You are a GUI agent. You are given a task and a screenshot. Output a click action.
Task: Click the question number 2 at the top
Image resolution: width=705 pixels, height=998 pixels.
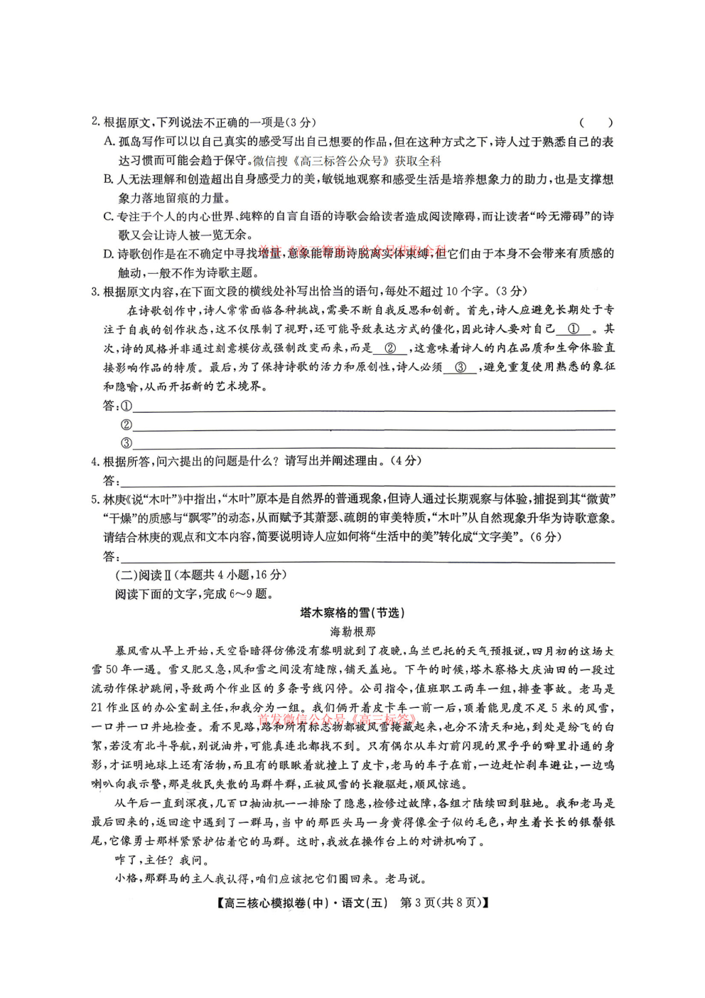point(95,122)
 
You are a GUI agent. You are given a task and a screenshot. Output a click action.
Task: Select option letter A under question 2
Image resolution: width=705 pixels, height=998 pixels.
point(109,142)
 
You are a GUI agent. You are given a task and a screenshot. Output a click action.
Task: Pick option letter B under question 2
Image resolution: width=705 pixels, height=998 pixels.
point(109,179)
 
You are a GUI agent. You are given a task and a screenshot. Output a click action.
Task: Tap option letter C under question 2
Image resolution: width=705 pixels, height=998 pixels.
point(109,216)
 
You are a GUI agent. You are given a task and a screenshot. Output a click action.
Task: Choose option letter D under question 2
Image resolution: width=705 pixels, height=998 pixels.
point(109,254)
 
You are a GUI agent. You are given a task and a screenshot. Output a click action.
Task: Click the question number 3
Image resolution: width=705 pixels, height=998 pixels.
point(95,291)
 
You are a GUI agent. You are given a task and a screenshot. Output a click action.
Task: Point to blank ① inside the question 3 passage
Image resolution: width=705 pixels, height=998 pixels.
point(574,329)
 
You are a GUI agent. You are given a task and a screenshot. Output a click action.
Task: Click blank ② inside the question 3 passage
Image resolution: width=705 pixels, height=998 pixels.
point(389,349)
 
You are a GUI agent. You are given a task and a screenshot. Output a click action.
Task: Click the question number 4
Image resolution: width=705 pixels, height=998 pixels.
point(95,461)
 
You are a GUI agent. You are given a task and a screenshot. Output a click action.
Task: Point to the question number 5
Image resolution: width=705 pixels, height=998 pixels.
point(95,499)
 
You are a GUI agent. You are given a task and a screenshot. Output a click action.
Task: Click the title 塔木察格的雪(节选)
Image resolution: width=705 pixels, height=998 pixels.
point(352,612)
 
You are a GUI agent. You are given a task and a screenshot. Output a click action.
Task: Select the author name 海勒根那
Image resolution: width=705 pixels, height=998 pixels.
point(352,632)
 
